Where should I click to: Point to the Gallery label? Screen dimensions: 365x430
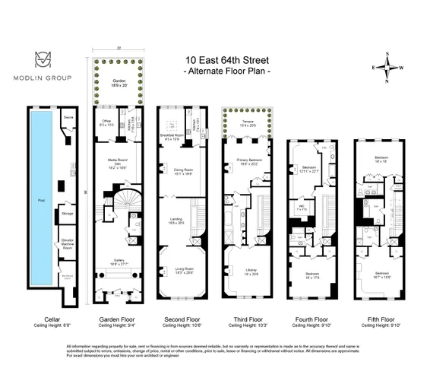[116, 261]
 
